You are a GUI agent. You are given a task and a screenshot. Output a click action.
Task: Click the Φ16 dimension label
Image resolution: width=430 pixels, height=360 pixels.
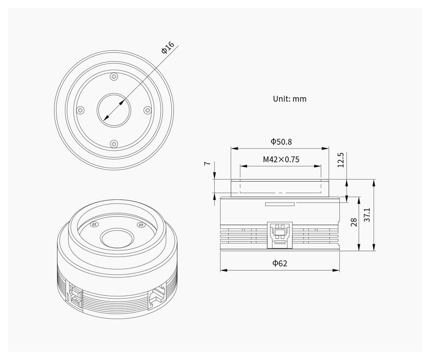(x=168, y=48)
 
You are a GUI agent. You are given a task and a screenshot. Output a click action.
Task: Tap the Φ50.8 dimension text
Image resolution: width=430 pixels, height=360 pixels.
(x=281, y=142)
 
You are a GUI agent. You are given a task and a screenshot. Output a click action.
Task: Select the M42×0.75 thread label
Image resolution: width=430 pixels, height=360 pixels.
(x=281, y=159)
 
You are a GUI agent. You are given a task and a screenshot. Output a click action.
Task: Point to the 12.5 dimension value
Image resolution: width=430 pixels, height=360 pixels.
(x=340, y=160)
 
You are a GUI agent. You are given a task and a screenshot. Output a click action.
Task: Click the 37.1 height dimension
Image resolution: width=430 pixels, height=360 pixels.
(x=367, y=215)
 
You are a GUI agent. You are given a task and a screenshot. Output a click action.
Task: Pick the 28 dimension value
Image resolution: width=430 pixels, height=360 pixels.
(x=354, y=222)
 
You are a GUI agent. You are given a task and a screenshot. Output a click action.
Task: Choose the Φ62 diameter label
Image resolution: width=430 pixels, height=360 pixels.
(x=280, y=264)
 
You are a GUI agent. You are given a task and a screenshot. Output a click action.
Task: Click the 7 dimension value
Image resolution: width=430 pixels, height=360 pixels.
(x=208, y=163)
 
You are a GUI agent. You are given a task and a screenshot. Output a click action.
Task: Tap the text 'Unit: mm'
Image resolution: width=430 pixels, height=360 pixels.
(x=289, y=99)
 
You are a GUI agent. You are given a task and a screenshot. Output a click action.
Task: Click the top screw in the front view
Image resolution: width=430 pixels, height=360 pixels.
(x=114, y=76)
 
